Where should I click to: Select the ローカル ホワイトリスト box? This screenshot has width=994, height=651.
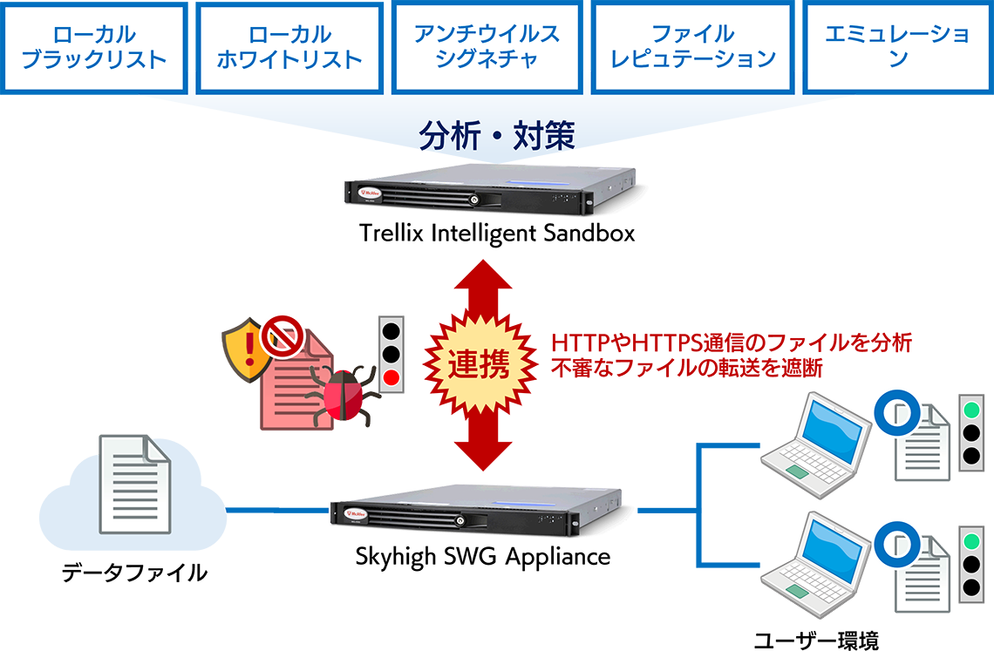289,47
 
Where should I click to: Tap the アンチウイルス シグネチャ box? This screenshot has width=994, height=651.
487,47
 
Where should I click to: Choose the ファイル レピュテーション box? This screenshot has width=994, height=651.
691,47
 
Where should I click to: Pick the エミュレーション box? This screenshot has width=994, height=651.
897,47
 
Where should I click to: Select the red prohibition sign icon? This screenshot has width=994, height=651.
285,335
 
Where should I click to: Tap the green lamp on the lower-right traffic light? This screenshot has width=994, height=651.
971,539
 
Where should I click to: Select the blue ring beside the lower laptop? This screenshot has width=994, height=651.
896,540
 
